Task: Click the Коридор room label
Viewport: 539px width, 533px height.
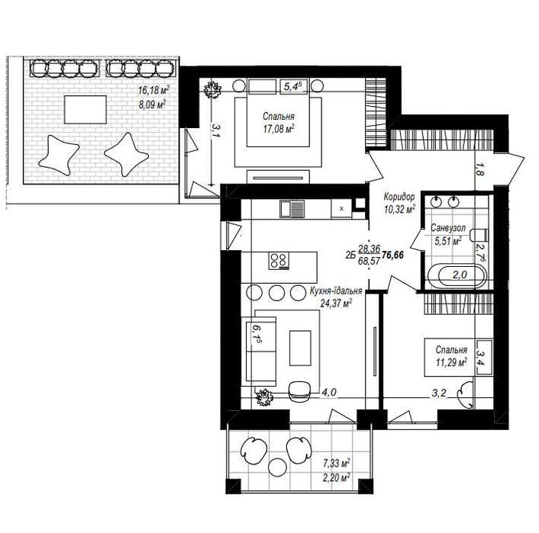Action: click(399, 197)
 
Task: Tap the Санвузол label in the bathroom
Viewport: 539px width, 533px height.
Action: click(448, 228)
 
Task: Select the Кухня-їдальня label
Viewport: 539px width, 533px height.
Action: click(336, 291)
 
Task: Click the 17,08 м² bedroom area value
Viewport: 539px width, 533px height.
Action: click(279, 130)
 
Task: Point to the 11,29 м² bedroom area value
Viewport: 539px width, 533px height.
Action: click(451, 362)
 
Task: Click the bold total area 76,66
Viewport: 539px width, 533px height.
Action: click(393, 255)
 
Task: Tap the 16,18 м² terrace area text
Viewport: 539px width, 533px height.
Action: click(153, 90)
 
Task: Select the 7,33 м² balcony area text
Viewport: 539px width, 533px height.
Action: click(336, 464)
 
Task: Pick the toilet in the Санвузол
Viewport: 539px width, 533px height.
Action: click(480, 235)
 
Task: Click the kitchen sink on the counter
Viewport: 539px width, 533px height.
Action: click(292, 209)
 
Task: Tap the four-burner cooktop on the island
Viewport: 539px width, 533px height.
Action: click(279, 261)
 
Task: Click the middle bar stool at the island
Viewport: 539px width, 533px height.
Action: click(276, 292)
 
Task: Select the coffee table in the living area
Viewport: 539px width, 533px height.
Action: click(300, 348)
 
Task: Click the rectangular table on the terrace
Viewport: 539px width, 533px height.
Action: click(86, 110)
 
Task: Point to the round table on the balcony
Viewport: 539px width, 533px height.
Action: click(276, 467)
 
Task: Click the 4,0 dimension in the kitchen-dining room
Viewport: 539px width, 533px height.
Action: click(328, 392)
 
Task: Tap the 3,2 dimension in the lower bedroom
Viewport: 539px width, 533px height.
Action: click(439, 393)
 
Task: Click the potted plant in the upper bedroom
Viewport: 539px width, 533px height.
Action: click(212, 90)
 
